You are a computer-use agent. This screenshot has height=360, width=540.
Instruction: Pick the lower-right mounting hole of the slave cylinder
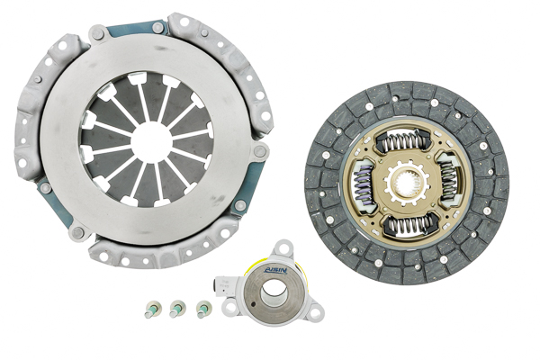coord(312,310)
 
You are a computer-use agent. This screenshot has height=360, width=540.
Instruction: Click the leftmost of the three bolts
coord(149,311)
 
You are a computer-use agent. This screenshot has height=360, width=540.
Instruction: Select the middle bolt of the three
coord(176,310)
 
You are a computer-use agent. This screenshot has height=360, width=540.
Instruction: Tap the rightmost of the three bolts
coord(202,310)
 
